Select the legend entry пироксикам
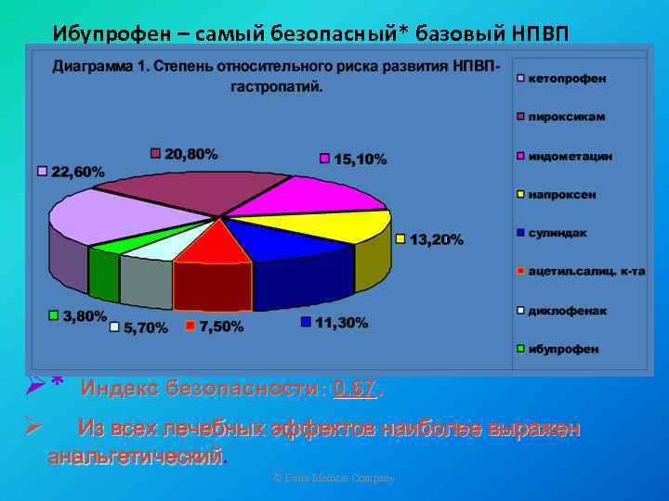tap(566, 117)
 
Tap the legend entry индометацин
tap(570, 156)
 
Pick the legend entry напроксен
tap(562, 195)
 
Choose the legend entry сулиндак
tap(557, 233)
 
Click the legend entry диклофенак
tap(564, 310)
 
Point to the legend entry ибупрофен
tap(563, 349)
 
